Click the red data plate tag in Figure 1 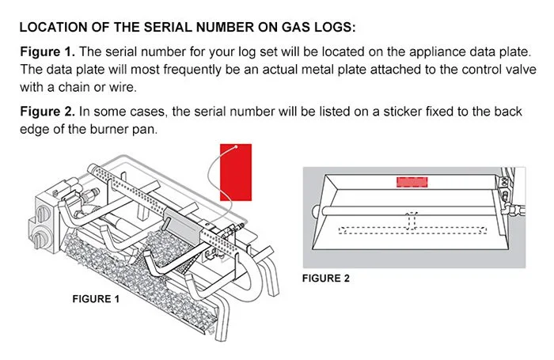click(235, 172)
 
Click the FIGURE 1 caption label click(95, 299)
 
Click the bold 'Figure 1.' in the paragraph click(47, 51)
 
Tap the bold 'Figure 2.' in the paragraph click(47, 112)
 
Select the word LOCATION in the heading click(55, 28)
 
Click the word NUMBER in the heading click(226, 28)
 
